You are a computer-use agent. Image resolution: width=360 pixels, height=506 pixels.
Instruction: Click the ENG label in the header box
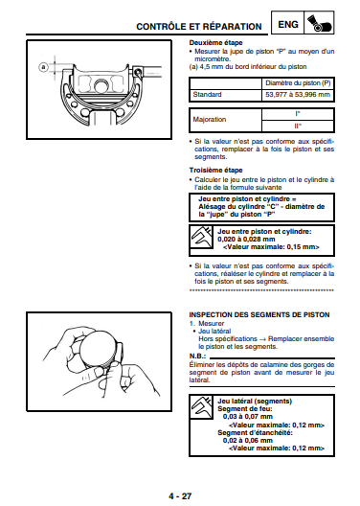288,25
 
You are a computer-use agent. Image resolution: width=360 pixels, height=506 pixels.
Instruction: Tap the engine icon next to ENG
319,23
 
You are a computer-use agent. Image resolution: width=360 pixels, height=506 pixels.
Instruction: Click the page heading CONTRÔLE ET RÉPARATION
199,27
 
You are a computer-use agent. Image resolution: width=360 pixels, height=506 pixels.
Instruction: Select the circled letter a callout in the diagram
43,67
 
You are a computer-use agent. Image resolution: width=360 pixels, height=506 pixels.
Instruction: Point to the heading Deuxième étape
215,43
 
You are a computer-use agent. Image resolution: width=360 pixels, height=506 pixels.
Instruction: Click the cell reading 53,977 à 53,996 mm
298,95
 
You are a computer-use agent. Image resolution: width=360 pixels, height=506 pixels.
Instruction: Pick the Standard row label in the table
207,95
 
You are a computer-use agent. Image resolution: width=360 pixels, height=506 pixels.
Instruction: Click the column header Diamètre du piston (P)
298,83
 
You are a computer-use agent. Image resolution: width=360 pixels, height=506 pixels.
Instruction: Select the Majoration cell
210,120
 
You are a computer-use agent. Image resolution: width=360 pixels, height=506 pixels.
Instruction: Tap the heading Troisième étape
215,171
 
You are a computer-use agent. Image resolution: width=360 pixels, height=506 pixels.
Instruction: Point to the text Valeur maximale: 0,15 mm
271,247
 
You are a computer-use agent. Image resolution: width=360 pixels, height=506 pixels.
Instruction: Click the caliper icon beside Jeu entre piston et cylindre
201,238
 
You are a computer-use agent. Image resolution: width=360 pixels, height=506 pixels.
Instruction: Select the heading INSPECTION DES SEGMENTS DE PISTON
259,315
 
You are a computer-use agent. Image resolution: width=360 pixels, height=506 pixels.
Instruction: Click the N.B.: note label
197,356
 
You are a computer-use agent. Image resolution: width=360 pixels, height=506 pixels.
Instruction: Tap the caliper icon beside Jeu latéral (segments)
201,407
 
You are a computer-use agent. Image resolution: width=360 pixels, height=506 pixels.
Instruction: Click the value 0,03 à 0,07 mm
248,417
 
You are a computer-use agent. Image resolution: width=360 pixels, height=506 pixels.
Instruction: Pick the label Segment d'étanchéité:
255,433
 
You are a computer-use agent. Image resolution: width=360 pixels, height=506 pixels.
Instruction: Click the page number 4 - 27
180,496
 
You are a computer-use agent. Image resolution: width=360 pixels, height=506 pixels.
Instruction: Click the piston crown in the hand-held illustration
98,348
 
